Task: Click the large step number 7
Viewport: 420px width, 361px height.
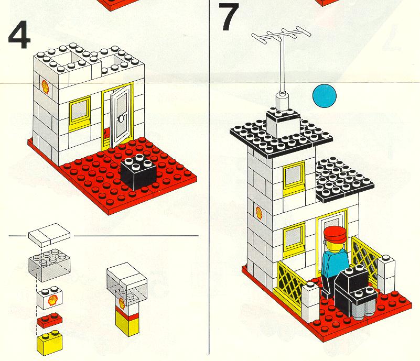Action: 229,17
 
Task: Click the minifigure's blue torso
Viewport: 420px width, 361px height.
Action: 335,262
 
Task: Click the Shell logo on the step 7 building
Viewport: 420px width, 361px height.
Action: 259,213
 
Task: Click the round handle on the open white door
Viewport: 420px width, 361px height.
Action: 121,118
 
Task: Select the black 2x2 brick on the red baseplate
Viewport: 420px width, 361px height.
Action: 138,171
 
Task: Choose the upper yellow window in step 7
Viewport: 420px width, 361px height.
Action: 294,178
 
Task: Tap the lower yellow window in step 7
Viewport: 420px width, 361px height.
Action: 294,239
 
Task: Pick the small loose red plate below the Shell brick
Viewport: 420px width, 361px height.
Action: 50,320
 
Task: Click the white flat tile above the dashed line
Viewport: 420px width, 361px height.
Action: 50,235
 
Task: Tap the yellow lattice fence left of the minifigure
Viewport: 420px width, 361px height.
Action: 292,283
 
